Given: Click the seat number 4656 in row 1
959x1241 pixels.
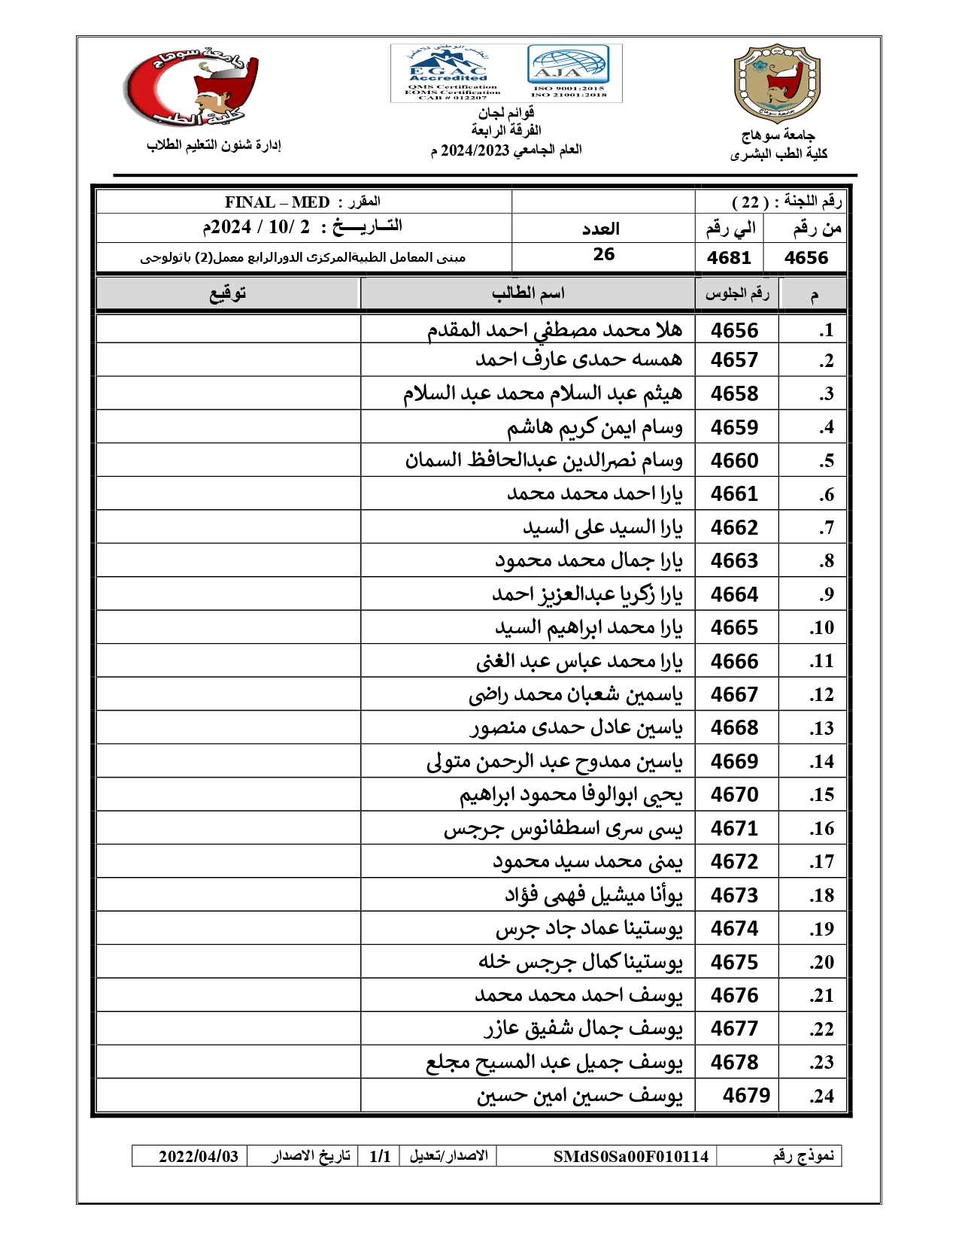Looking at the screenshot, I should [x=734, y=330].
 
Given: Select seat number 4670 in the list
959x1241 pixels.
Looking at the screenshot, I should [x=734, y=795].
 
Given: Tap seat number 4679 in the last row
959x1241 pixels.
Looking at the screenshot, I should [x=745, y=1095].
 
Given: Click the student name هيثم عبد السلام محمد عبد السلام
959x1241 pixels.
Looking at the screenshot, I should [x=542, y=393].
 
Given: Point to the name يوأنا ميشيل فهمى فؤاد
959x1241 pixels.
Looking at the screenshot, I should [x=593, y=895].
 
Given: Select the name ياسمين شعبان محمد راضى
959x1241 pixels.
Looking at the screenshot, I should [x=575, y=695].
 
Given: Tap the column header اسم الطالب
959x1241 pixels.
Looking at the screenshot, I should [x=528, y=293].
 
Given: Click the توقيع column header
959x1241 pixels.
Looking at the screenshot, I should [x=228, y=293].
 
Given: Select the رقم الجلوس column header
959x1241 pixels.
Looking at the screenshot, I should [x=736, y=293].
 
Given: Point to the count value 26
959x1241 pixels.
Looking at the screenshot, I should [x=603, y=254].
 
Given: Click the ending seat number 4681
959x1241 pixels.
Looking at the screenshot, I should [x=729, y=258].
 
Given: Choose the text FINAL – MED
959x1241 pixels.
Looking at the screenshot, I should [x=277, y=202].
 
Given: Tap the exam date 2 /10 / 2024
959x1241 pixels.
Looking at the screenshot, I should [x=256, y=227].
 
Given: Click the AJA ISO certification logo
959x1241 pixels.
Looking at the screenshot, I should [x=569, y=71].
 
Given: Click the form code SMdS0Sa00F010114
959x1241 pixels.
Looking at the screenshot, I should [x=630, y=1157].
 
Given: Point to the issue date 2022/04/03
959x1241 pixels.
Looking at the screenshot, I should [x=198, y=1157].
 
